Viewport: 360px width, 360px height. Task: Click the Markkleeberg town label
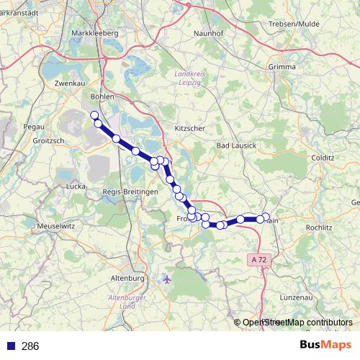pyautogui.click(x=96, y=33)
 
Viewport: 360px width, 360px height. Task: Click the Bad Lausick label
pyautogui.click(x=237, y=145)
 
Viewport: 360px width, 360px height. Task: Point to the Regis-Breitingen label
pyautogui.click(x=130, y=192)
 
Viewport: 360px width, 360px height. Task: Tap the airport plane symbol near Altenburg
pyautogui.click(x=167, y=278)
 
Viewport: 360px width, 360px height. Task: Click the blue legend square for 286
pyautogui.click(x=10, y=346)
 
